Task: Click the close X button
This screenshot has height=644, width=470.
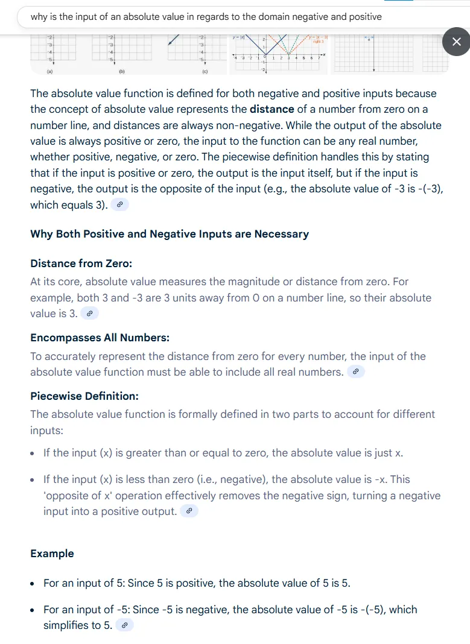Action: [456, 42]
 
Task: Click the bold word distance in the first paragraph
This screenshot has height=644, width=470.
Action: [272, 109]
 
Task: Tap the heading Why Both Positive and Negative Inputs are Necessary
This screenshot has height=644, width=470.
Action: [170, 234]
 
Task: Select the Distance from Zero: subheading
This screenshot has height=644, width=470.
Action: [81, 264]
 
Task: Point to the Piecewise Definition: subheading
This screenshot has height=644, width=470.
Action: [84, 396]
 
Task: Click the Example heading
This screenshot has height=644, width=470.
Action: [52, 554]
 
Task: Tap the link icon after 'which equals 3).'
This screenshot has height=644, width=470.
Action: [120, 205]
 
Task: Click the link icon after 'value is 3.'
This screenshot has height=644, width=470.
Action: [90, 314]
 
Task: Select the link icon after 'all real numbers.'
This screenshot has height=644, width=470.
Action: [356, 372]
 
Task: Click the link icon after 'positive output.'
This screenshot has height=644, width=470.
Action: [189, 511]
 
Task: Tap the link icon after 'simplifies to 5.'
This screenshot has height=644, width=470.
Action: [124, 625]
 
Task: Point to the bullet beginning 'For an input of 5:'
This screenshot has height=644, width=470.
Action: [197, 583]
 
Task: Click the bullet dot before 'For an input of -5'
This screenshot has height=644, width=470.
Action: [34, 610]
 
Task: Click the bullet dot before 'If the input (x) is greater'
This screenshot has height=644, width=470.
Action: [34, 453]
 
